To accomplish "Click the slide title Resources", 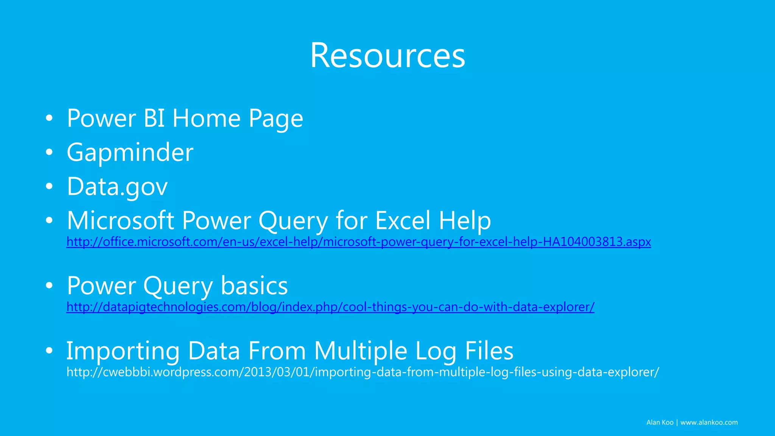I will [x=387, y=56].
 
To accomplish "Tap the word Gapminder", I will [x=130, y=153].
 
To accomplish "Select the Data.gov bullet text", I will [x=117, y=187].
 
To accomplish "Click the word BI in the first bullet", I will [x=154, y=118].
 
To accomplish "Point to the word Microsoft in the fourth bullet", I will [x=120, y=221].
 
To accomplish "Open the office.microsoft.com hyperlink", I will [x=358, y=242].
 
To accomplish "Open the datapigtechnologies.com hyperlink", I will [x=330, y=307].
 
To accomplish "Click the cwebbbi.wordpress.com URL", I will [x=363, y=372].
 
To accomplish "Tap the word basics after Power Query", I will [x=254, y=286].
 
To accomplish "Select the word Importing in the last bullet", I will [x=123, y=351].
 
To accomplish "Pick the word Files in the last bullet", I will [x=489, y=351].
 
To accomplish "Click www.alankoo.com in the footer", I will [x=709, y=422].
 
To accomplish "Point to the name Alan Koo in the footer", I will [x=660, y=422].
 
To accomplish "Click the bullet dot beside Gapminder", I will [x=49, y=153].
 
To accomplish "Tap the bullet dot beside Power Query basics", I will [x=49, y=286].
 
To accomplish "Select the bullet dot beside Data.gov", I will [x=49, y=187].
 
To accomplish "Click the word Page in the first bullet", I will [x=276, y=119].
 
